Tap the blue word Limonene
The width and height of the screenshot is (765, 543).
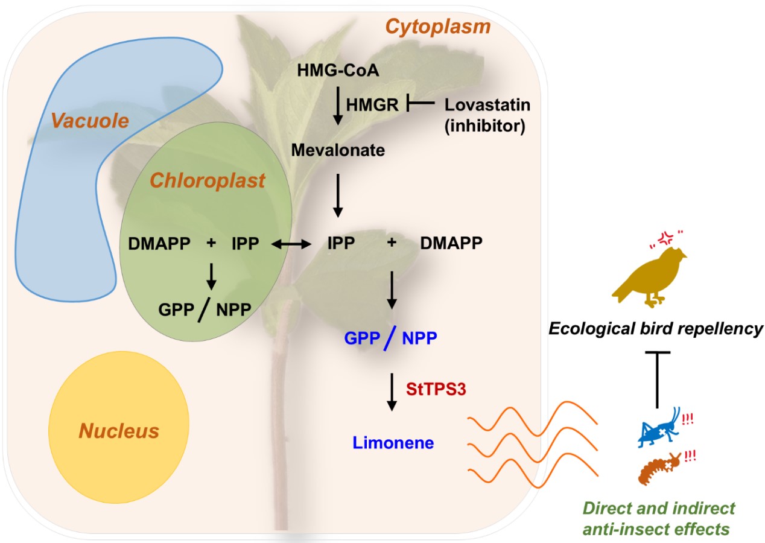[x=393, y=443]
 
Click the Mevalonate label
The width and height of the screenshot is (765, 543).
[x=338, y=150]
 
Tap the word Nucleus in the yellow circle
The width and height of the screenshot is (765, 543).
[x=119, y=431]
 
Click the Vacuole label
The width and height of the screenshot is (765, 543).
[x=98, y=121]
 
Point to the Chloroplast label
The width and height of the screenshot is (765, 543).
[x=208, y=180]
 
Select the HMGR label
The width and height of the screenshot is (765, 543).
[x=372, y=105]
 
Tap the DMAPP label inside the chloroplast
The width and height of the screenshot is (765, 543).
[x=159, y=244]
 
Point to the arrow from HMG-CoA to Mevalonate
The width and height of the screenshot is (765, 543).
[x=338, y=107]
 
